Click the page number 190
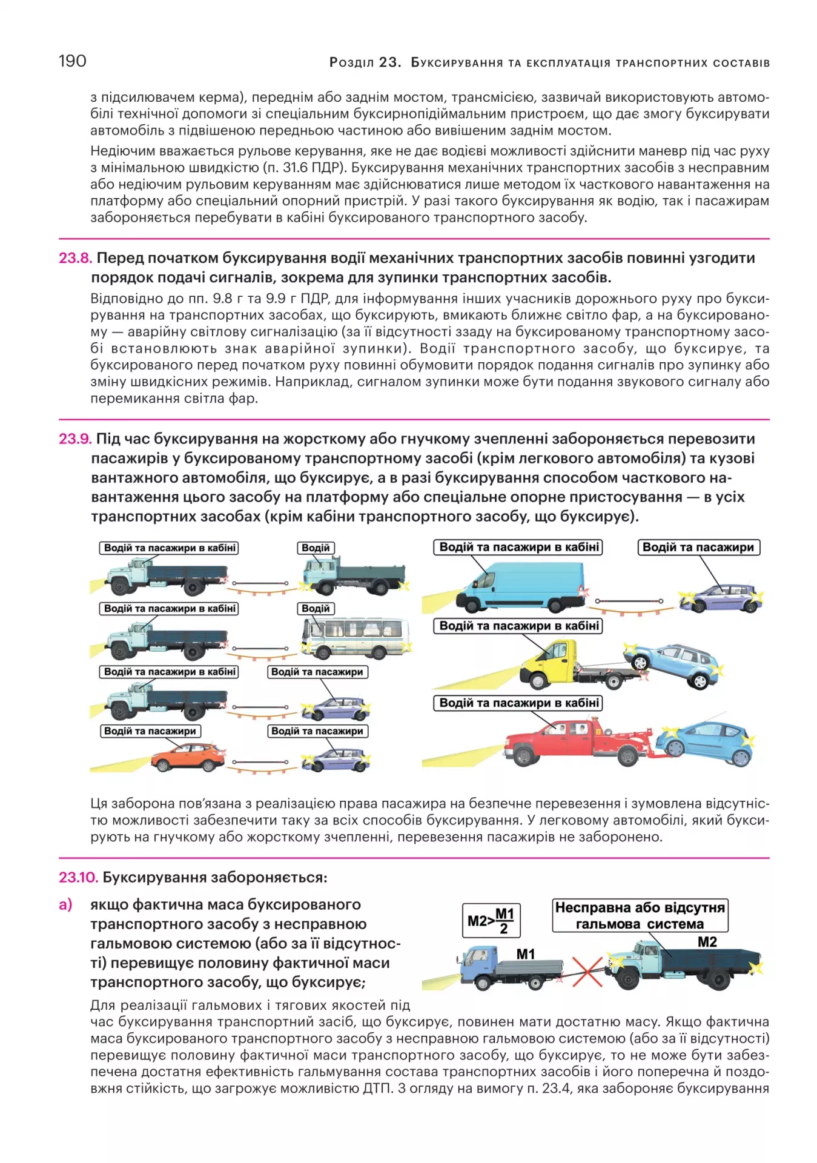point(72,61)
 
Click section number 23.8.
point(75,258)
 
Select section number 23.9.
point(75,439)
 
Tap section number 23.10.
point(78,877)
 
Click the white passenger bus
point(355,637)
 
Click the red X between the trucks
point(587,971)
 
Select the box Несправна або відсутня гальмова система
point(640,915)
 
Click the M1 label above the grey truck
point(525,954)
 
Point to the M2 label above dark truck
point(707,942)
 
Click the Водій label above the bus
point(316,608)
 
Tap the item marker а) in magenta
point(65,905)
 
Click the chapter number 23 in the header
point(388,62)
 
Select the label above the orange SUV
point(150,731)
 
